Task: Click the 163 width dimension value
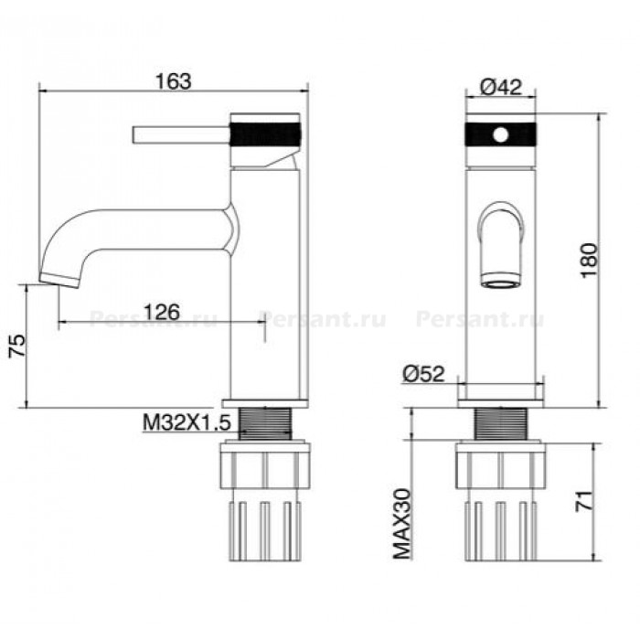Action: [x=173, y=81]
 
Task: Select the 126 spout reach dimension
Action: [x=162, y=312]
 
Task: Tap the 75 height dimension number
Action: [x=17, y=346]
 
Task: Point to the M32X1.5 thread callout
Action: [x=187, y=422]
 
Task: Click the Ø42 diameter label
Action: [x=501, y=87]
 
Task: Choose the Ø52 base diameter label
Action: [x=423, y=373]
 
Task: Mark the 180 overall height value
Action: [x=589, y=261]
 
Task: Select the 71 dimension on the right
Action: [x=583, y=500]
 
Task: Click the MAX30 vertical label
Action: [x=402, y=524]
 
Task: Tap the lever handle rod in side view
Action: [x=181, y=134]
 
